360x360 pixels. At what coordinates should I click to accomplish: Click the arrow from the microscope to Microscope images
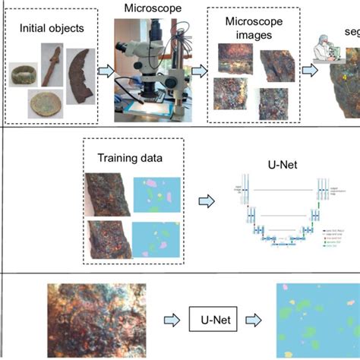pos(198,71)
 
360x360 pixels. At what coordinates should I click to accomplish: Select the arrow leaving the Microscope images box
pos(310,71)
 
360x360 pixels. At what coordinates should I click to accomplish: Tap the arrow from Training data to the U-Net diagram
pos(207,204)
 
